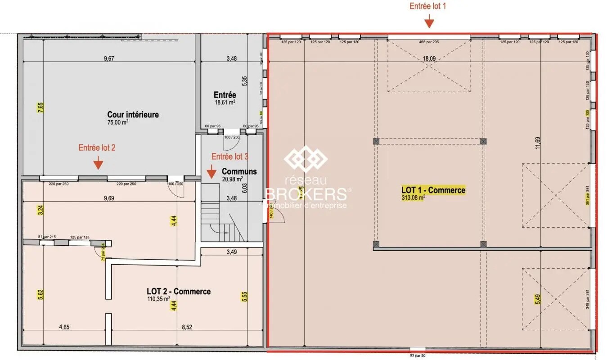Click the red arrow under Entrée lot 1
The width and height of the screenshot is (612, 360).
[429, 21]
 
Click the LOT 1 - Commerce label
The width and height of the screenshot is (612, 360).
[433, 190]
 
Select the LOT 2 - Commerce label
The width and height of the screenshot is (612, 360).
[178, 291]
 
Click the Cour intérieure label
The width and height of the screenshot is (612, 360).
[133, 115]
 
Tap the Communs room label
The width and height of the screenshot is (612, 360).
[239, 171]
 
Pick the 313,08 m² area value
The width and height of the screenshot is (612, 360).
[413, 197]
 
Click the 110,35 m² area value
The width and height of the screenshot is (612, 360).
[158, 298]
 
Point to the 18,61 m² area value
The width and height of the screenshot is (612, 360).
[225, 102]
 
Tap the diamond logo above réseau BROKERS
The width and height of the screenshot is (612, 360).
[306, 158]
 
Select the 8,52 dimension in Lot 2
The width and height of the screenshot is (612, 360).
[186, 327]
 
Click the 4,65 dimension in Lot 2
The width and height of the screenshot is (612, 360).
[63, 327]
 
